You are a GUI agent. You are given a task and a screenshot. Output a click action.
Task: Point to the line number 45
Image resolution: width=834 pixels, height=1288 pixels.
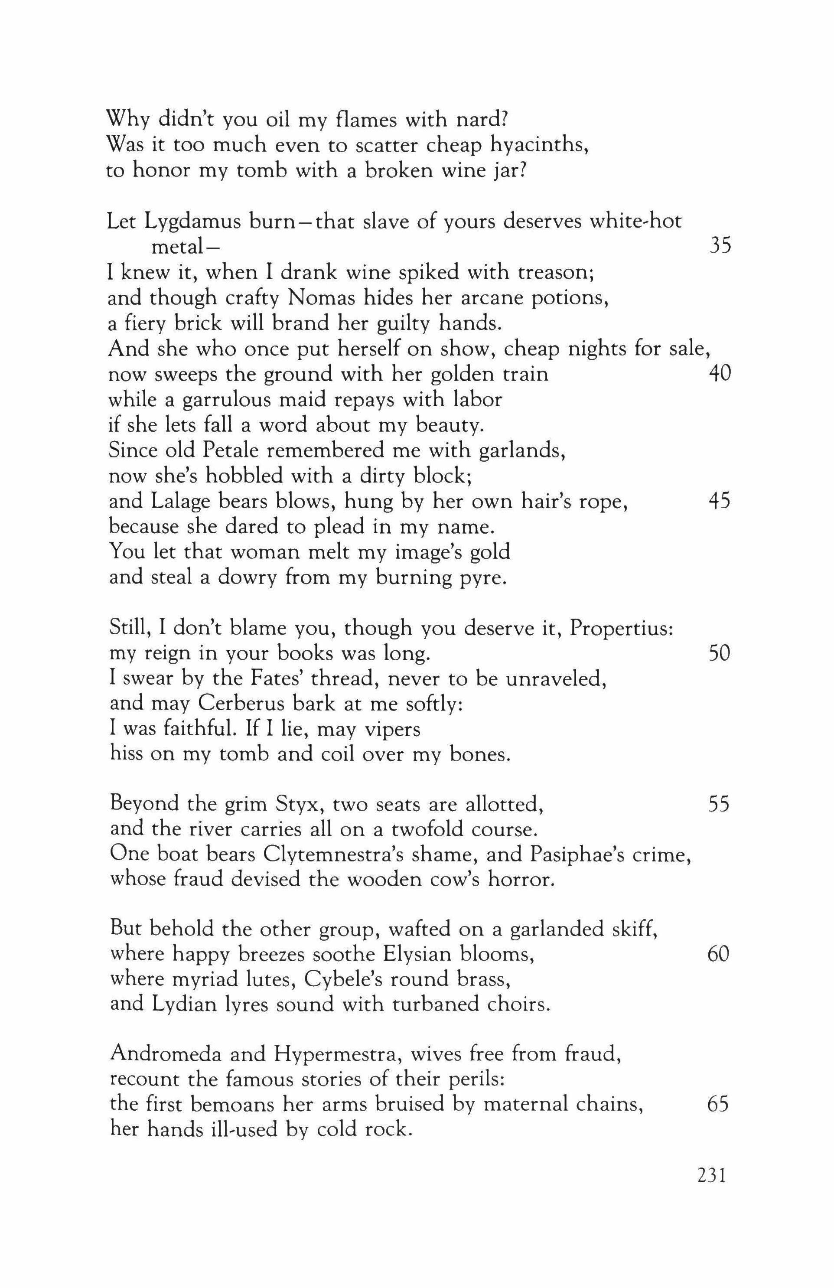pyautogui.click(x=719, y=502)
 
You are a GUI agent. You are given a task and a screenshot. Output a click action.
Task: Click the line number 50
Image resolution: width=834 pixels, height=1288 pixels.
pyautogui.click(x=719, y=654)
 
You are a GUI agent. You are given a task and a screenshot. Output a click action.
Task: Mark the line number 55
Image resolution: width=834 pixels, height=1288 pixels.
pyautogui.click(x=719, y=805)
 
